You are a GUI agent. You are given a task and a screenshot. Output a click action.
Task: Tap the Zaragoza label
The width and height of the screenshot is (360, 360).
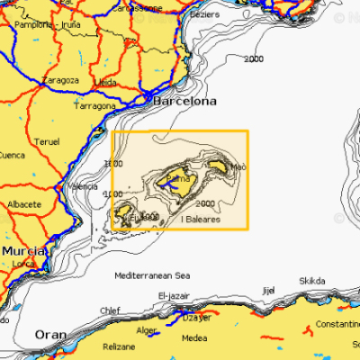click(60, 80)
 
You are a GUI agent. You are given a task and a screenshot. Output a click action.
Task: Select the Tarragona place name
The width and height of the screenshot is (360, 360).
click(94, 106)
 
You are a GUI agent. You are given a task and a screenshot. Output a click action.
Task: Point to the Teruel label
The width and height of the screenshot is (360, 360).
click(46, 142)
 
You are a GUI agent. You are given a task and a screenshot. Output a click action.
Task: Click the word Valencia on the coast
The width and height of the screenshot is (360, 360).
click(83, 186)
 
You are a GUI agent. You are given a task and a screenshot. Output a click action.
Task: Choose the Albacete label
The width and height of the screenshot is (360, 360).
click(23, 204)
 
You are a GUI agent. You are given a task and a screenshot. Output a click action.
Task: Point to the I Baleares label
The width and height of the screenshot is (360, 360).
click(202, 219)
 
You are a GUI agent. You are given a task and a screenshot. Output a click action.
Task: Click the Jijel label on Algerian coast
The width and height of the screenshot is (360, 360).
click(266, 291)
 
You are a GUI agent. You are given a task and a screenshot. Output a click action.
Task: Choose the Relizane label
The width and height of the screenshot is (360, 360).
click(119, 346)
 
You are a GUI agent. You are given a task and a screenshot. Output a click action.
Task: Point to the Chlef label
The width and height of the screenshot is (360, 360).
click(110, 310)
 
